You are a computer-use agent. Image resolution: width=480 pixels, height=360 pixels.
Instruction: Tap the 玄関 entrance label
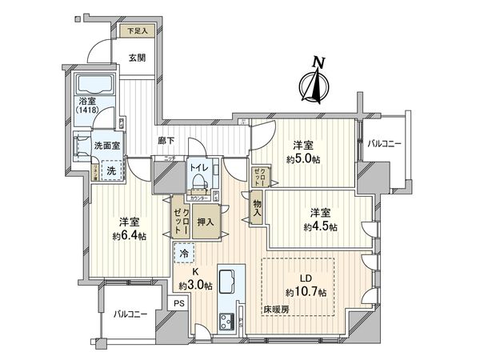(136, 58)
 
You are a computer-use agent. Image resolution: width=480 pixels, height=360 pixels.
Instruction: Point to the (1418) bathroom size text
(89, 110)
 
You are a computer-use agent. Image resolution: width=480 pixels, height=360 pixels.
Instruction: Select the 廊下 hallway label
(166, 142)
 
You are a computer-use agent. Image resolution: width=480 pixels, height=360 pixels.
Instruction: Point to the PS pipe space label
(179, 303)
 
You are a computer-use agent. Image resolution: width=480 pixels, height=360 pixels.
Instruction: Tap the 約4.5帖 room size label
(321, 226)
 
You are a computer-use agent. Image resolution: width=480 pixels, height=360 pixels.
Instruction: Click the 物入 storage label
(258, 209)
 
